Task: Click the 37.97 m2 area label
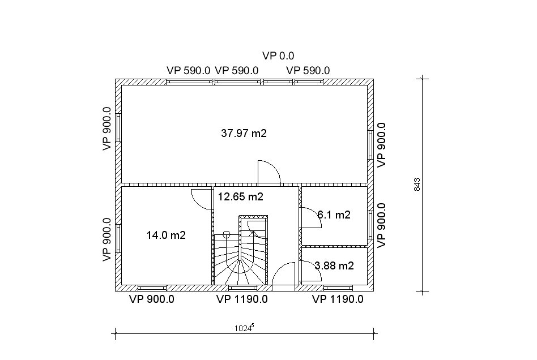[x=244, y=133]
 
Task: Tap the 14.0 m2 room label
[x=166, y=235]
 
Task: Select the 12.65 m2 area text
[x=241, y=197]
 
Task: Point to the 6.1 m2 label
[x=334, y=215]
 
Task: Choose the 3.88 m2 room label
[x=334, y=266]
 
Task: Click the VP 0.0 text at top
[x=278, y=56]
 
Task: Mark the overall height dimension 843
[x=417, y=185]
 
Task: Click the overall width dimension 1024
[x=244, y=328]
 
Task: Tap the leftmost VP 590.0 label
[x=189, y=71]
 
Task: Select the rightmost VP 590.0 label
[x=308, y=71]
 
